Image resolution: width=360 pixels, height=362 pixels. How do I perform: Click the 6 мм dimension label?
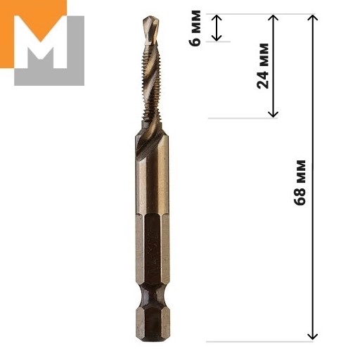(195, 28)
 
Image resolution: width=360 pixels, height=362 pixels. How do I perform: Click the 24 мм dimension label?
(263, 66)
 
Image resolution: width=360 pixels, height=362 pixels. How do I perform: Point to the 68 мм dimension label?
(300, 183)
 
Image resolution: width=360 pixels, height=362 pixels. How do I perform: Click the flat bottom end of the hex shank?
(153, 340)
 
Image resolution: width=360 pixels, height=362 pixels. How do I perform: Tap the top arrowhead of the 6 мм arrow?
(217, 17)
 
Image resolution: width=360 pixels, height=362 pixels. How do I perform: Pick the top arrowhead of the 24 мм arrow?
(273, 17)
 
